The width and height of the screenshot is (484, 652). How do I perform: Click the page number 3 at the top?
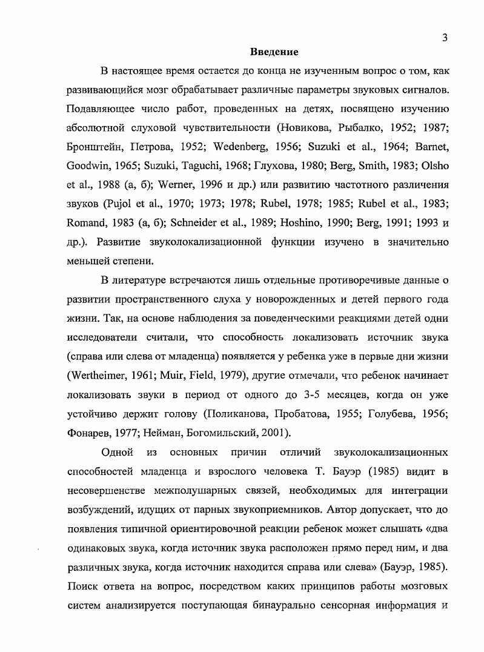click(445, 38)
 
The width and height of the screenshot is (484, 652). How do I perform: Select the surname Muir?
click(171, 375)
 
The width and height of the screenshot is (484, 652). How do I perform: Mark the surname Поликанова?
click(234, 413)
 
